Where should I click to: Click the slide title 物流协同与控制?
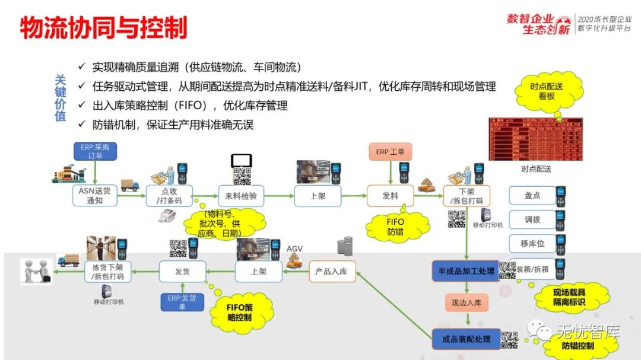(x=103, y=28)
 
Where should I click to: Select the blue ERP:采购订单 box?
(x=95, y=151)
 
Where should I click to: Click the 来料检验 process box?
(x=241, y=196)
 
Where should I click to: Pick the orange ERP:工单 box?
(x=390, y=151)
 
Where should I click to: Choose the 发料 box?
(x=390, y=196)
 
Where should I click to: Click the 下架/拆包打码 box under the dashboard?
(x=467, y=196)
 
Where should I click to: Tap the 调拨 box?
(x=532, y=219)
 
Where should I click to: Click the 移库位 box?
(x=532, y=243)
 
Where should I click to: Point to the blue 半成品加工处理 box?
(x=466, y=271)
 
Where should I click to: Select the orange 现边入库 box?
(x=466, y=303)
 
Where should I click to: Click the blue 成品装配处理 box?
(x=466, y=339)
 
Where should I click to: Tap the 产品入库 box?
(x=332, y=271)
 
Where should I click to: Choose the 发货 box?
(x=182, y=271)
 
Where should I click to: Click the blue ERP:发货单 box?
(x=182, y=302)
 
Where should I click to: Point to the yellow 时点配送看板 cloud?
(x=547, y=91)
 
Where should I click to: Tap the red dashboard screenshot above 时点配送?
(x=535, y=139)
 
